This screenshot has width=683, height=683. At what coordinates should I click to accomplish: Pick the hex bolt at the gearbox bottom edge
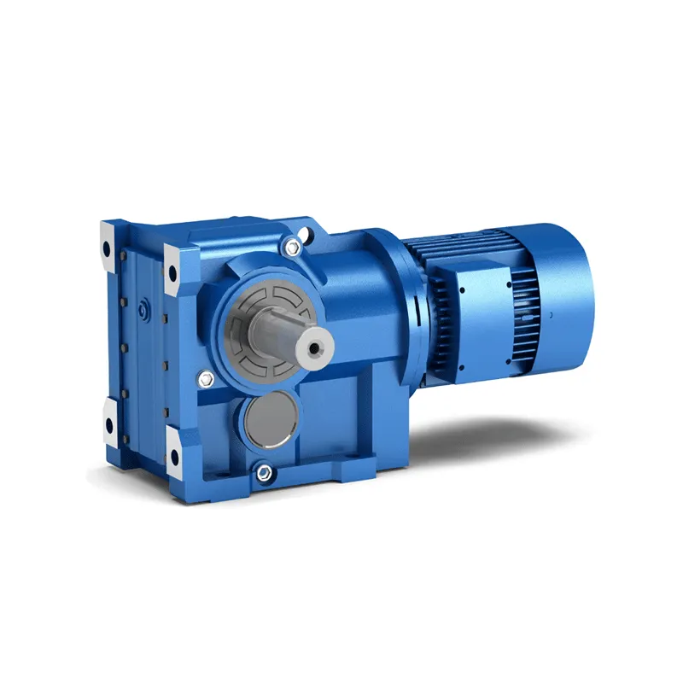click(x=262, y=472)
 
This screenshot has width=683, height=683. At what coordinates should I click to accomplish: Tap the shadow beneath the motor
click(x=512, y=427)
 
